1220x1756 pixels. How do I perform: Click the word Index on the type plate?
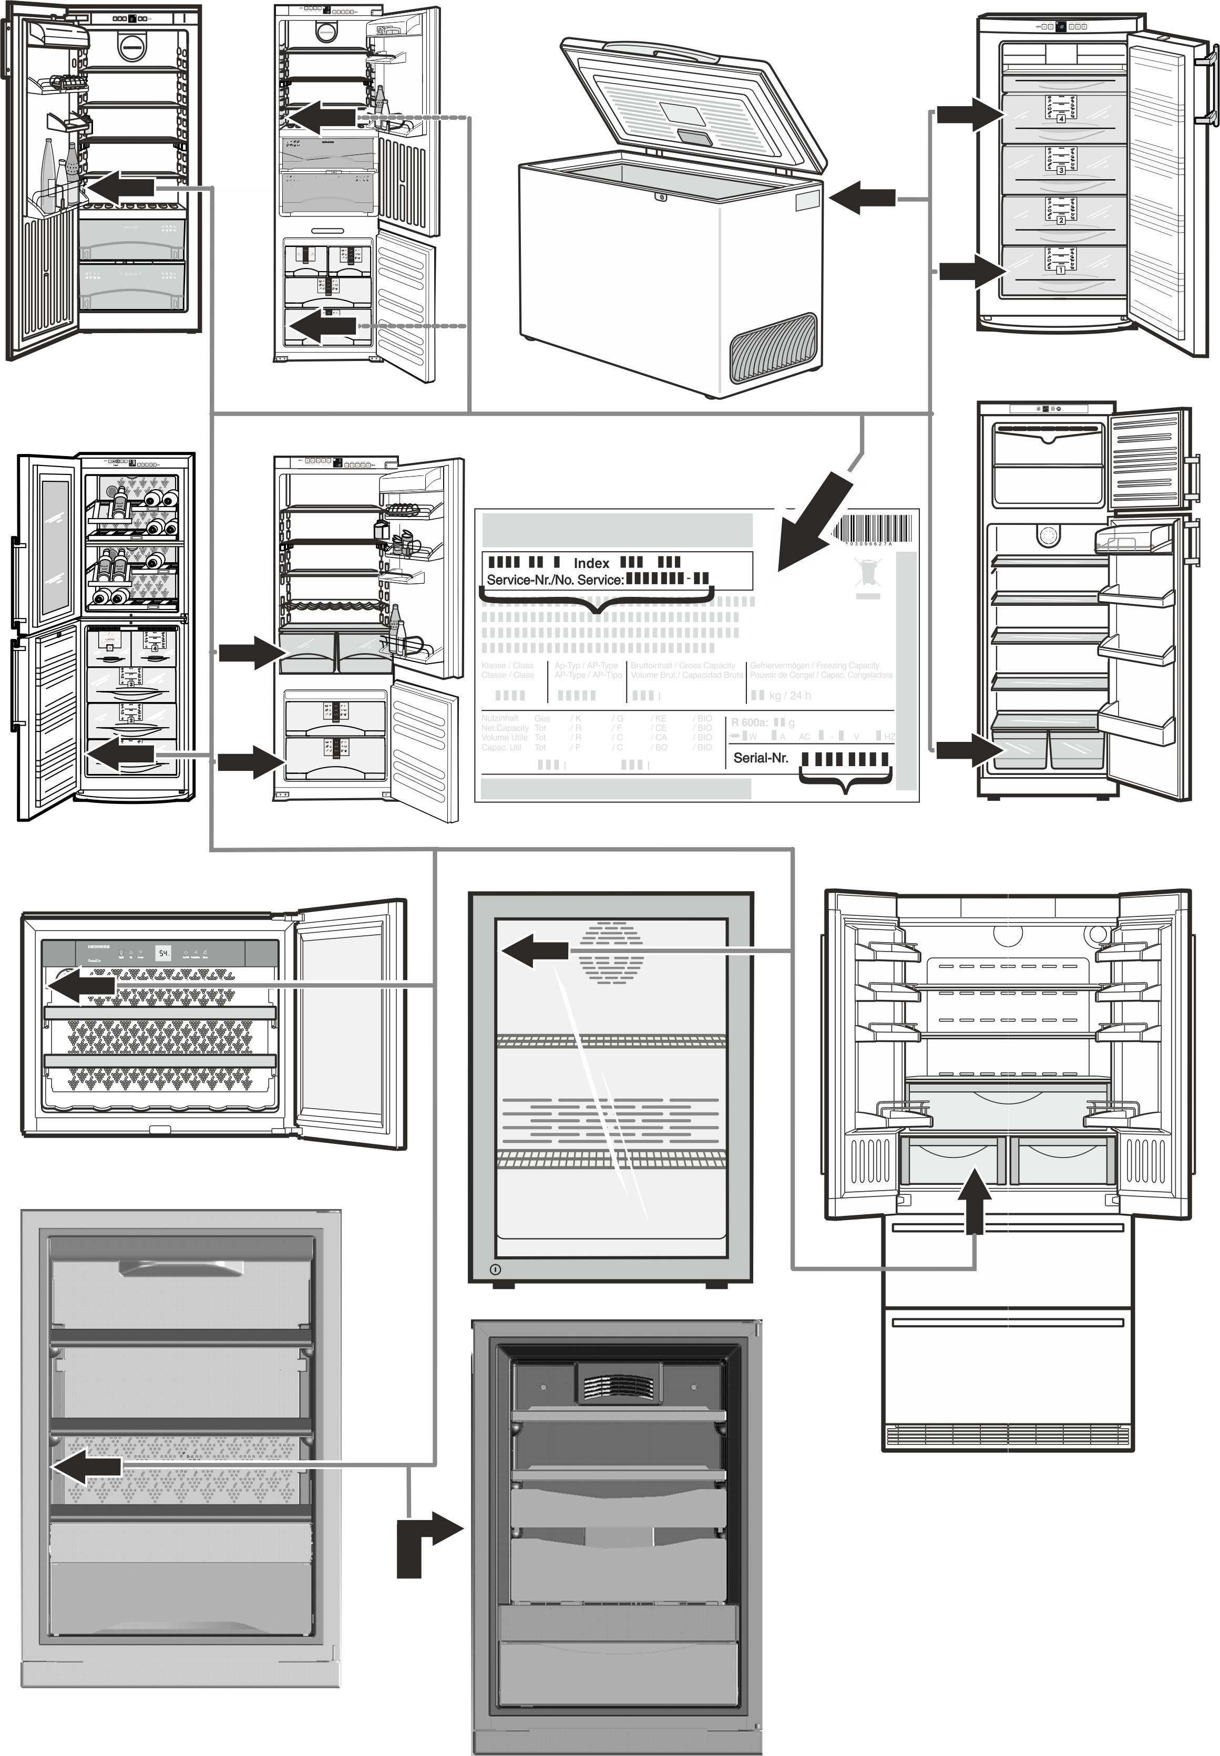pos(591,562)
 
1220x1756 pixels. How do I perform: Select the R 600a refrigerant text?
pos(749,722)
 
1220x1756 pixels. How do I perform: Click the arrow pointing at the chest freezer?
pos(862,200)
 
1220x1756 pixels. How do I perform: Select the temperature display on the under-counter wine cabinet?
pos(163,953)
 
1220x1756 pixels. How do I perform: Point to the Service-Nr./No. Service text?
pos(554,579)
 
